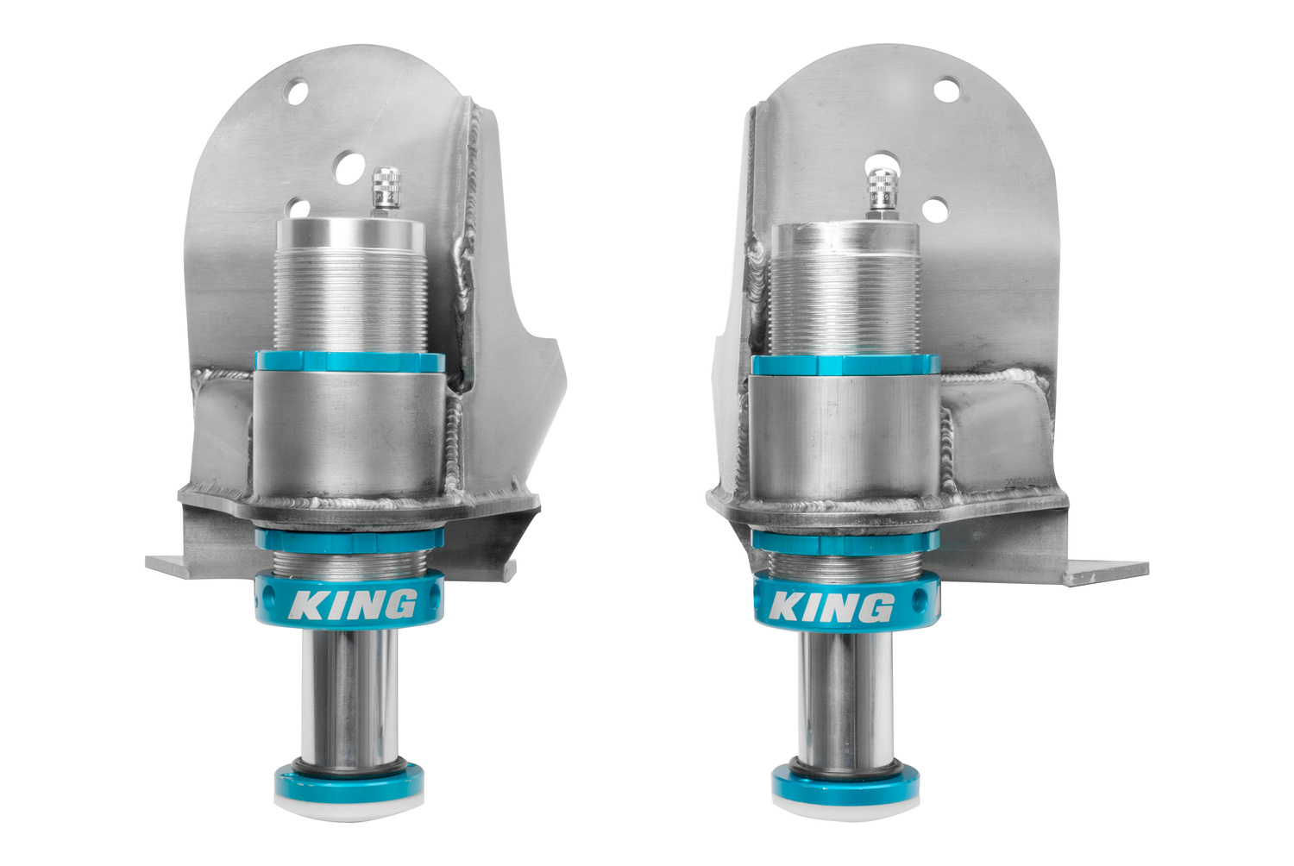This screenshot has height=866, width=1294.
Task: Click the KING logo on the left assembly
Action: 352,605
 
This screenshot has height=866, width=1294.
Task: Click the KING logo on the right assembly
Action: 831,607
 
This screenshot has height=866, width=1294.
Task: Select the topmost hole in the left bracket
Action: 296,91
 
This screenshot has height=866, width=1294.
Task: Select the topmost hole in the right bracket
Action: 946,89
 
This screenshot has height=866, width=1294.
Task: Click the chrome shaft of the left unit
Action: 349,699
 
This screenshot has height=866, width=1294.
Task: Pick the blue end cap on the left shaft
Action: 349,781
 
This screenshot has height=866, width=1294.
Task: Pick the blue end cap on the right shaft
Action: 845,784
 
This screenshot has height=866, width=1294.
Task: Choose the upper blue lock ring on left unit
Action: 349,362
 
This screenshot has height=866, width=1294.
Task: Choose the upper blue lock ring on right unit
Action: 845,365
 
